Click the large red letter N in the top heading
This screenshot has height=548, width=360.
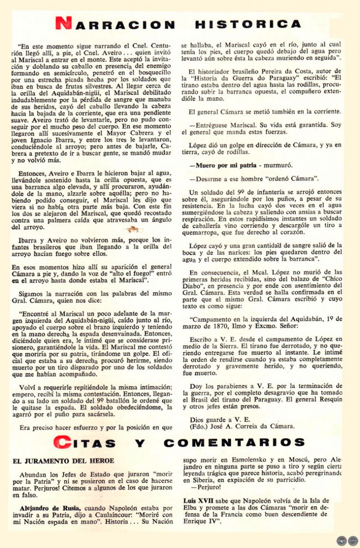click(x=63, y=24)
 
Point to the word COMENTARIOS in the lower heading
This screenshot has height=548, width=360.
click(x=234, y=443)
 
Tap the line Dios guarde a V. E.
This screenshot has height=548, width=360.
click(x=214, y=420)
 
